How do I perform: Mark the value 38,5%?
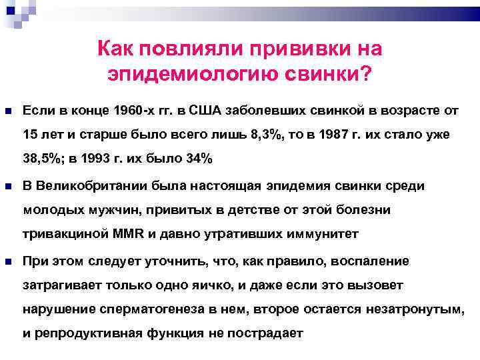coord(41,159)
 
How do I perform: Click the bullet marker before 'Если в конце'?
coord(8,109)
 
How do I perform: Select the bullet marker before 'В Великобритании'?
coord(8,185)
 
